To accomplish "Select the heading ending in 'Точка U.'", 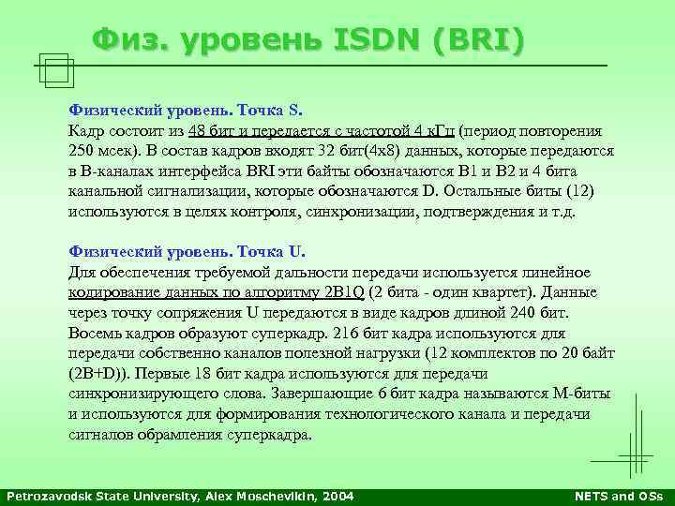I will [x=187, y=252].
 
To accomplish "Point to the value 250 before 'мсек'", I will [x=82, y=150].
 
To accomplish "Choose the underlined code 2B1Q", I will [x=348, y=292].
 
